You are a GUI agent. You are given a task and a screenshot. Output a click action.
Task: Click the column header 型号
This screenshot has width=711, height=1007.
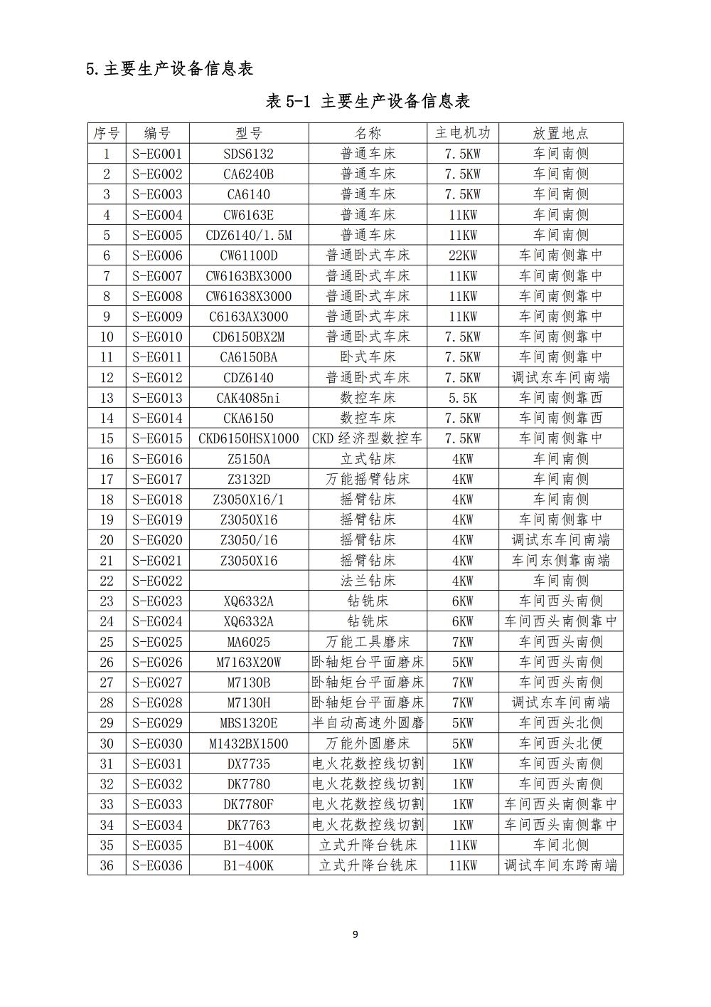pos(249,133)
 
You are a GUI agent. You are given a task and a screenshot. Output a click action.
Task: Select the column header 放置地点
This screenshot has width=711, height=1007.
pos(561,133)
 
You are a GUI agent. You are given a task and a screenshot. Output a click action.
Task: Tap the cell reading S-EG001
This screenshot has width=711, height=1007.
pos(157,154)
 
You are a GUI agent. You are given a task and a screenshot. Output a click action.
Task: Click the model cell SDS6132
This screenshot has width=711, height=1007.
pos(249,154)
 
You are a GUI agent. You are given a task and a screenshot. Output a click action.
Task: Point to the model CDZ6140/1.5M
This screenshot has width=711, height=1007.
pos(249,235)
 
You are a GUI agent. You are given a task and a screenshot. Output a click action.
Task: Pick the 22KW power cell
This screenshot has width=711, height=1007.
pos(463,255)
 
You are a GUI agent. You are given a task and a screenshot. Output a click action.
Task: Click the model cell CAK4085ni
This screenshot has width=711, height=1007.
pos(249,398)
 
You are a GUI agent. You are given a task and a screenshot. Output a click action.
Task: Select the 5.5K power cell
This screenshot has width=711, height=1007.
pos(463,398)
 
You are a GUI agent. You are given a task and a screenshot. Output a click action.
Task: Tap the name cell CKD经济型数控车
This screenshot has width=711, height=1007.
pos(368,438)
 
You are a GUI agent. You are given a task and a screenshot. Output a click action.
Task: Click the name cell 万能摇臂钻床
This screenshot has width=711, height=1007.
pos(368,479)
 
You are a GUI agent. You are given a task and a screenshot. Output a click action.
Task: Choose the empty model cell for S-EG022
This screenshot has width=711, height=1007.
pos(249,581)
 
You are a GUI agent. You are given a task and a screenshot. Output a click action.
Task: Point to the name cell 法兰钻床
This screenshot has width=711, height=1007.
pos(368,581)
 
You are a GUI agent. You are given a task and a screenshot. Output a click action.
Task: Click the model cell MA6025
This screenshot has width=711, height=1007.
pos(249,642)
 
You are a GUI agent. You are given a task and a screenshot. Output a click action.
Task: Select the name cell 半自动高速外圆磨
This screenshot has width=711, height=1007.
pos(368,723)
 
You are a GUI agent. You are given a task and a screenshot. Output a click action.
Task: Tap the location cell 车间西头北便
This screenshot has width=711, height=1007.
pos(561,744)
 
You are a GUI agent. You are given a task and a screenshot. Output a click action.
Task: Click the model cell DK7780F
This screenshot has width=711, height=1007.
pos(249,804)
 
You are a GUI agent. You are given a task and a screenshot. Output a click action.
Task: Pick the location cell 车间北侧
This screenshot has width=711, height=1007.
pos(561,845)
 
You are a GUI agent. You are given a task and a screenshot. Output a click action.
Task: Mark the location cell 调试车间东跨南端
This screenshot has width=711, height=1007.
pos(561,865)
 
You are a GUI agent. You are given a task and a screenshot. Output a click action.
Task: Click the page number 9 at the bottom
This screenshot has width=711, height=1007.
pos(355,934)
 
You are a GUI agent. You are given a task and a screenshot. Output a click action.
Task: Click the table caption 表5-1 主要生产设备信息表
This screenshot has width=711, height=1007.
pos(368,101)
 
